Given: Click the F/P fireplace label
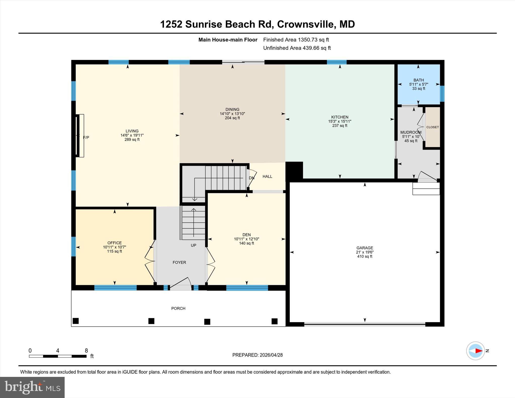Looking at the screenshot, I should [x=86, y=138].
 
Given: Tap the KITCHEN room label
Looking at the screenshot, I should [x=339, y=117].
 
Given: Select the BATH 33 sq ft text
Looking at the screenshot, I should [x=418, y=89].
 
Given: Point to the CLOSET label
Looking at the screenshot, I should [x=433, y=127].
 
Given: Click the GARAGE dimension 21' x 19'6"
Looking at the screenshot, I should [x=365, y=252].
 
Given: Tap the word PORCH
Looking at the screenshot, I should [x=178, y=308].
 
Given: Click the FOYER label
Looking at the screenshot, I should [x=179, y=262].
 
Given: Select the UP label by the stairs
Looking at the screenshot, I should [x=193, y=245].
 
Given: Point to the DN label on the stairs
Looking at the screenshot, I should [x=251, y=178].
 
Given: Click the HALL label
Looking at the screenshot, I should [x=267, y=176].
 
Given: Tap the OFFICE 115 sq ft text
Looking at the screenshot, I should [x=114, y=251].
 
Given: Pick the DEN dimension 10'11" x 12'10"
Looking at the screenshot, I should [x=246, y=239].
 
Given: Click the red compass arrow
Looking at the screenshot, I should [x=479, y=351].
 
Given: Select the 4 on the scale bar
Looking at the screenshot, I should [x=58, y=350].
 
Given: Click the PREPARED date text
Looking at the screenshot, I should [x=257, y=355].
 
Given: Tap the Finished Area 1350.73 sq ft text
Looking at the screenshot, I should [x=296, y=40].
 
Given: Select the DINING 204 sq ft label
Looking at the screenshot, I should [x=232, y=118].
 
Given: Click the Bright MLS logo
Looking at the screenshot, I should [x=32, y=387].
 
